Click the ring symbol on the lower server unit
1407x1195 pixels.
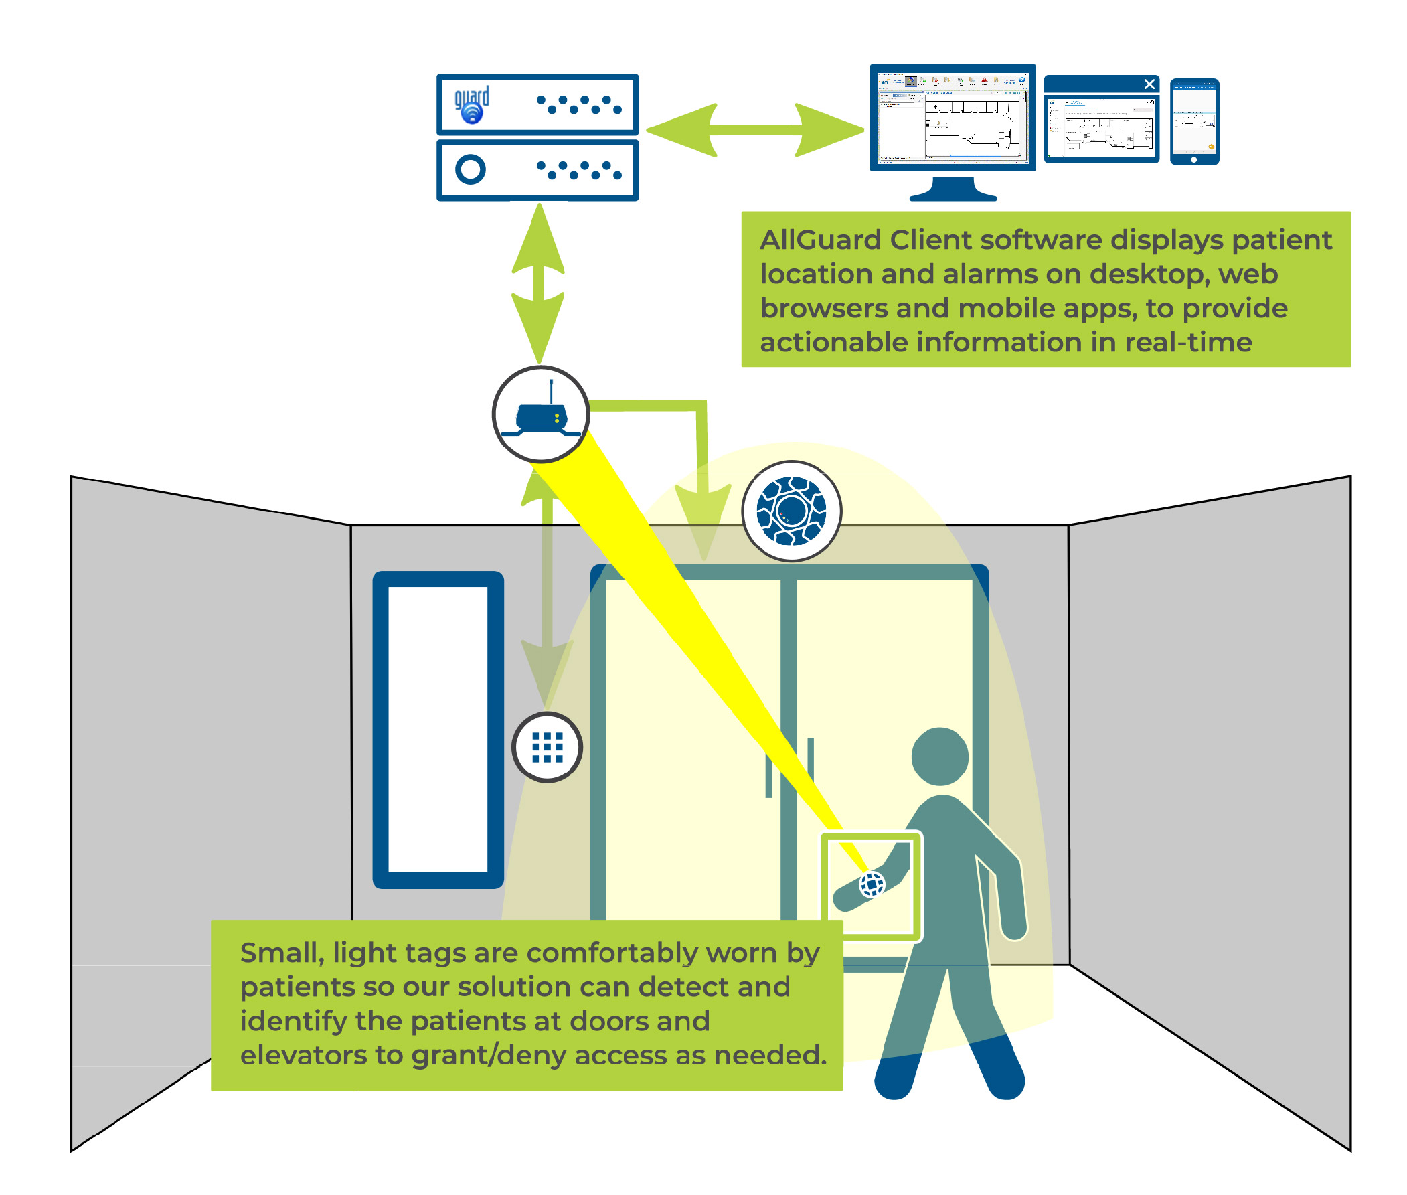[x=470, y=169]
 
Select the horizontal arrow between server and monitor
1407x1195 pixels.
[x=754, y=130]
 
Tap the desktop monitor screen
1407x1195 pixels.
[x=952, y=118]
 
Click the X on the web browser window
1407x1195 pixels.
[x=1149, y=84]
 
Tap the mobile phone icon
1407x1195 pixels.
[x=1193, y=121]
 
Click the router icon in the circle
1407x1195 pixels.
[x=540, y=414]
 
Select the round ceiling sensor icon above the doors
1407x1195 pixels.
[x=791, y=511]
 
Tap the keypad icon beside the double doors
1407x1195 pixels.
[x=547, y=747]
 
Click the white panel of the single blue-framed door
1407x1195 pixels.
[x=438, y=729]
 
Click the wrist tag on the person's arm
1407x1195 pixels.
[x=871, y=884]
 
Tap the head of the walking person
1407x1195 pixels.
[x=940, y=756]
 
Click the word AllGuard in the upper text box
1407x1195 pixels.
[x=819, y=240]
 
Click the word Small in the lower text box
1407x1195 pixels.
[x=278, y=953]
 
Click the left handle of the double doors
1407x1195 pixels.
[x=768, y=775]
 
